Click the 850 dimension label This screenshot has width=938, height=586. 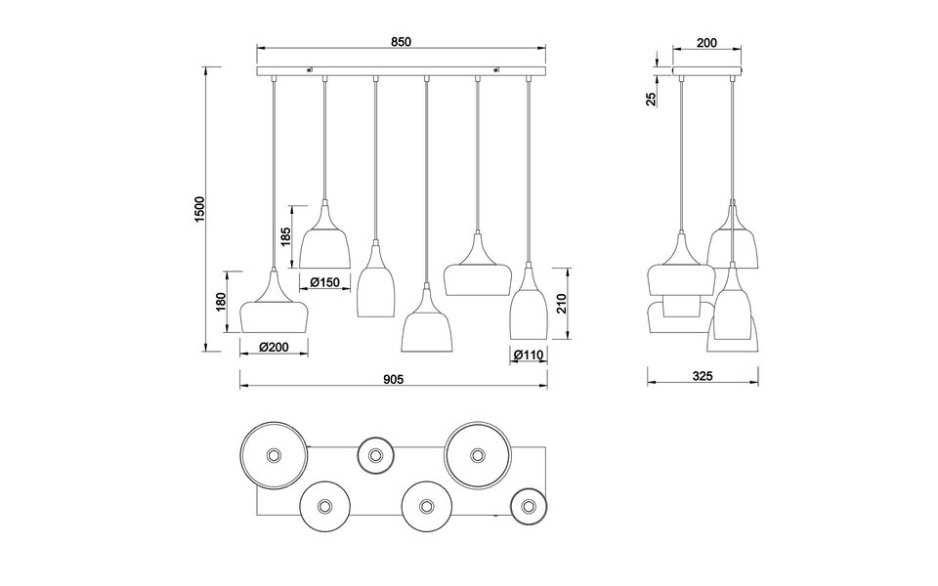pos(401,41)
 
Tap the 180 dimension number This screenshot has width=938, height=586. pos(223,303)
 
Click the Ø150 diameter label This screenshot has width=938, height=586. pos(325,282)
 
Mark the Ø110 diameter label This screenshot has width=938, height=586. pos(528,356)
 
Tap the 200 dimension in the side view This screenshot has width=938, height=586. pos(708,42)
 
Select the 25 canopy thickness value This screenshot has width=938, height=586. pos(653,99)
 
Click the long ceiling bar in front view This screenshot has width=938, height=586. pos(401,71)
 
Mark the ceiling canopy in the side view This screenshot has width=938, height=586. pos(708,71)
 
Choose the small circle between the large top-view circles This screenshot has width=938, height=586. pos(375,453)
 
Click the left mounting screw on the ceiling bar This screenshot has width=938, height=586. pos(310,68)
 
